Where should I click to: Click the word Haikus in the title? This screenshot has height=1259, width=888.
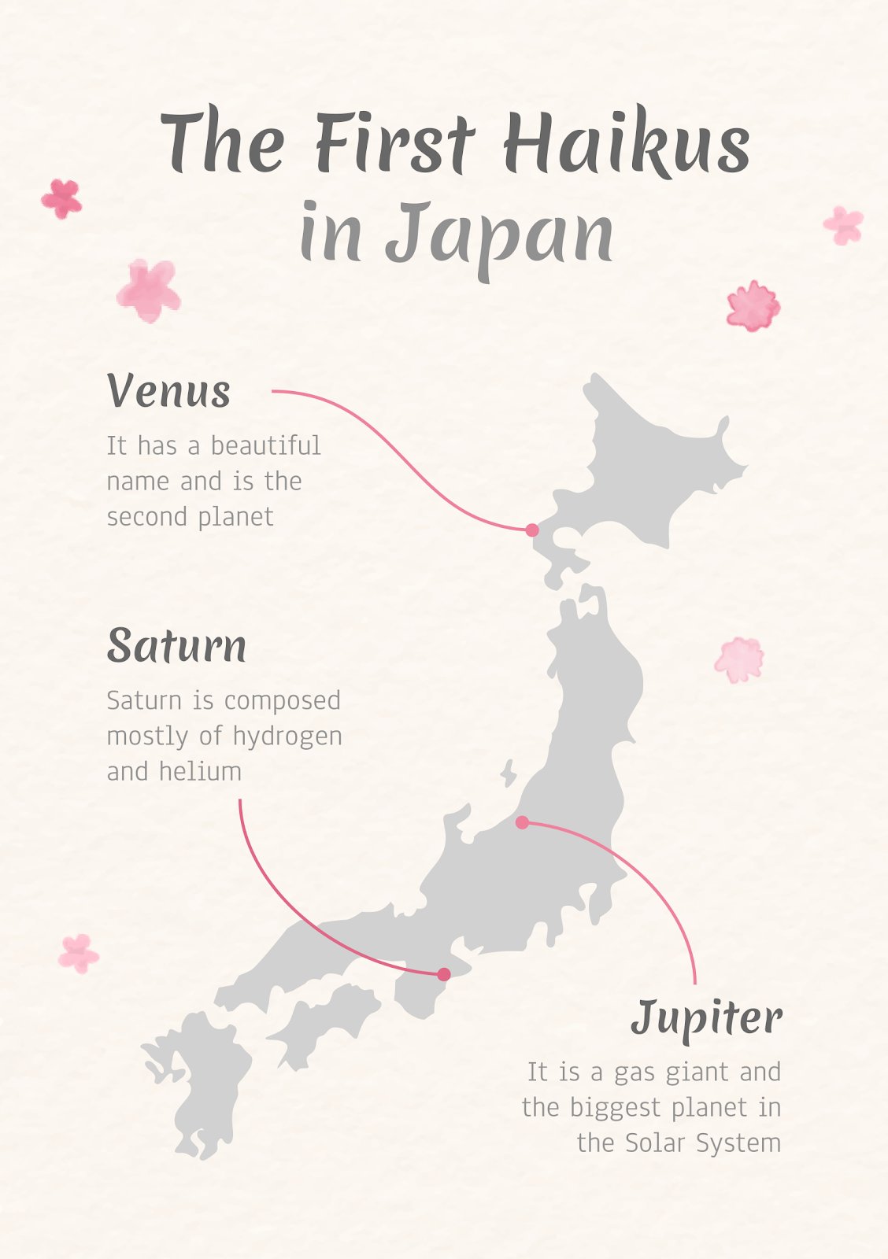tap(626, 144)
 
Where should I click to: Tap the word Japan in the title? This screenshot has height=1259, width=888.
tap(499, 234)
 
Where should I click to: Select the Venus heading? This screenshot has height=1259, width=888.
tap(168, 391)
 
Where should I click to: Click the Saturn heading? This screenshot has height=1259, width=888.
tap(176, 646)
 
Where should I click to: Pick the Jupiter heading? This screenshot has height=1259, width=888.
tap(706, 1017)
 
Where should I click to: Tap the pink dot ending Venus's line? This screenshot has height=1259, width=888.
tap(532, 530)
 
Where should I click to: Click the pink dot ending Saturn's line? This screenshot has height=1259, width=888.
tap(444, 974)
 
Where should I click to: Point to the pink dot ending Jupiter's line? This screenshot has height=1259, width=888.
tap(522, 822)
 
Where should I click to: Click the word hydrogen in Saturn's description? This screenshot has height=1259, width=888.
tap(287, 737)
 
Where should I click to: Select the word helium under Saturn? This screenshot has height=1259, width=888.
tap(200, 772)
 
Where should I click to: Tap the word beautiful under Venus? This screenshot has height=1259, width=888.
tap(265, 446)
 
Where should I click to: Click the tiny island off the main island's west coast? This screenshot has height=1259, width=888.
tap(509, 773)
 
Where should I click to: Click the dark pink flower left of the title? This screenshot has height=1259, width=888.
tap(62, 198)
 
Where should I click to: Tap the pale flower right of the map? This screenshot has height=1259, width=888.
tap(739, 659)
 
